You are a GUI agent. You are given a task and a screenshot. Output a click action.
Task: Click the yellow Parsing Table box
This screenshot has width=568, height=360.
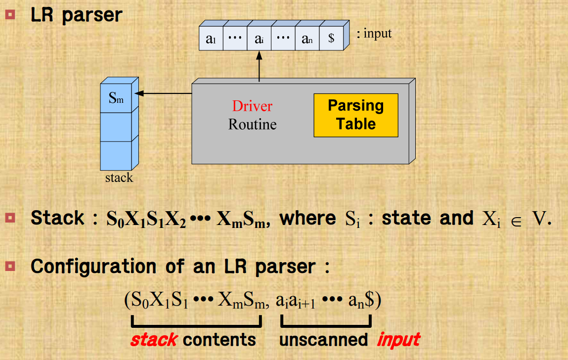pyautogui.click(x=355, y=115)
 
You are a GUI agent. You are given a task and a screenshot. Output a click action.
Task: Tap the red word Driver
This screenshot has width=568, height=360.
pyautogui.click(x=252, y=106)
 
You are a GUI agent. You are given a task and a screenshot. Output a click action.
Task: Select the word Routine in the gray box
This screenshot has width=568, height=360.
pyautogui.click(x=252, y=124)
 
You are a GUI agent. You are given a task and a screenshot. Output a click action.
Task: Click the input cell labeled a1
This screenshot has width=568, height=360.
pyautogui.click(x=211, y=40)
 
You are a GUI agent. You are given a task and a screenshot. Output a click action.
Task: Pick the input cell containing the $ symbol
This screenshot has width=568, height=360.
pyautogui.click(x=331, y=40)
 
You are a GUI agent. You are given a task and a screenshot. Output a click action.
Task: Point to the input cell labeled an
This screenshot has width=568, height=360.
pyautogui.click(x=307, y=40)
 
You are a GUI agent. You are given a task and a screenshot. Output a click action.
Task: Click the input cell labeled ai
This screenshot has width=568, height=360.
pyautogui.click(x=259, y=40)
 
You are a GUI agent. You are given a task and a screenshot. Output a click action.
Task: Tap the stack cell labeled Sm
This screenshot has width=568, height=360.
pyautogui.click(x=116, y=98)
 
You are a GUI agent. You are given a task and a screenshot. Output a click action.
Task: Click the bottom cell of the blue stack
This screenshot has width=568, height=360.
pyautogui.click(x=116, y=155)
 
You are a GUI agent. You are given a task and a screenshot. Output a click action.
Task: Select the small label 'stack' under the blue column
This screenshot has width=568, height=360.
pyautogui.click(x=119, y=178)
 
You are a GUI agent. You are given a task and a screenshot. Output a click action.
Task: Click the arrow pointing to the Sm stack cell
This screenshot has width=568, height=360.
pyautogui.click(x=163, y=93)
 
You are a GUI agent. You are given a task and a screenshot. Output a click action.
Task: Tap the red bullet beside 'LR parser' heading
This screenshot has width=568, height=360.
pyautogui.click(x=10, y=14)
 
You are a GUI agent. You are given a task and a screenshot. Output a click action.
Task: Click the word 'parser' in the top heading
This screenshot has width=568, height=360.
pyautogui.click(x=92, y=15)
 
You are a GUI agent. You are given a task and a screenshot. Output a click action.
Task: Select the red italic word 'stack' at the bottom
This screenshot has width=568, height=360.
pyautogui.click(x=154, y=340)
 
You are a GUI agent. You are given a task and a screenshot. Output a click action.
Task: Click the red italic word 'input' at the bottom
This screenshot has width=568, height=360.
pyautogui.click(x=398, y=340)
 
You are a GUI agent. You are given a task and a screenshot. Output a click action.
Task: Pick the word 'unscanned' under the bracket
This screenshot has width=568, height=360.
pyautogui.click(x=323, y=340)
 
